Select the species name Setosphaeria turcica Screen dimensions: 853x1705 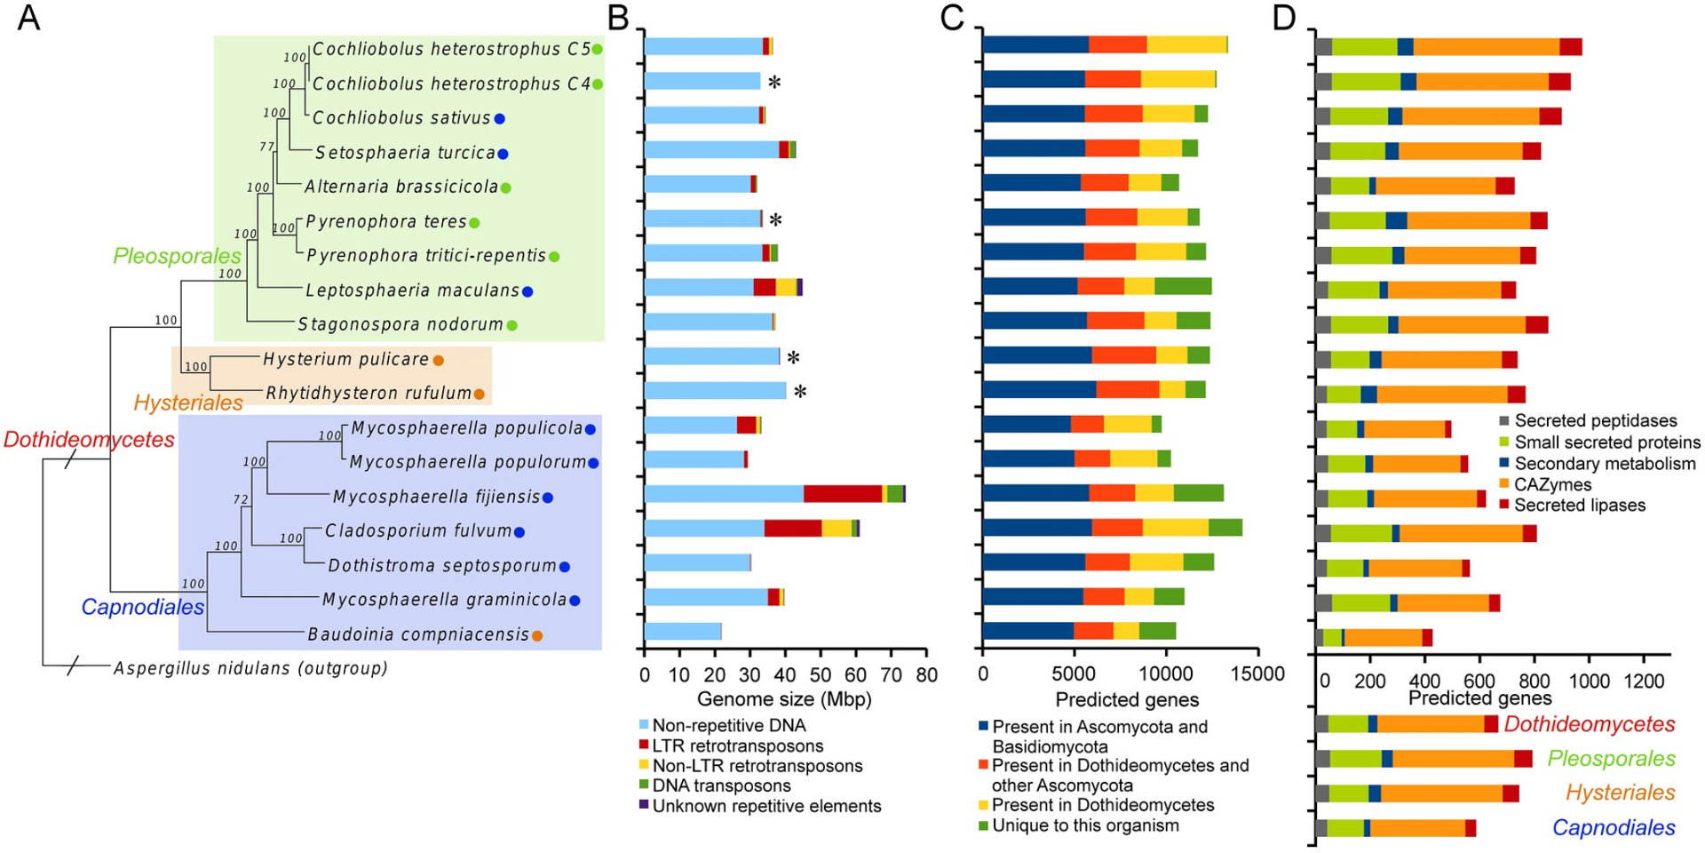coord(405,153)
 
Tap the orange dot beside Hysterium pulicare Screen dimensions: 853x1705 coord(438,360)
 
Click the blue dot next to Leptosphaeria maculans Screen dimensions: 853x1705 coord(527,291)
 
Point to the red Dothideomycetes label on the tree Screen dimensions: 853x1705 coord(89,439)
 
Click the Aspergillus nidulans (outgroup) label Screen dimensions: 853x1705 coord(250,668)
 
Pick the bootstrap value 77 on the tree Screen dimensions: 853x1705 coord(267,147)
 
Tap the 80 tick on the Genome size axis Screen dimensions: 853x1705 coord(926,675)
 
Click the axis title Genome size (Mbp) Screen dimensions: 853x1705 coord(784,699)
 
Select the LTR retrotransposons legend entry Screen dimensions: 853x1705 coord(737,746)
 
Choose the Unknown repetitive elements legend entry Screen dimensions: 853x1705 coord(766,806)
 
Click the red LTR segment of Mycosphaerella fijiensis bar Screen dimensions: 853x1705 coord(843,494)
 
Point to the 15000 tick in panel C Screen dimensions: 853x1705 coord(1257,674)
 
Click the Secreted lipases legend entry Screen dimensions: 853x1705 coord(1580,506)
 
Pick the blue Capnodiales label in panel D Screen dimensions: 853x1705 coord(1614,828)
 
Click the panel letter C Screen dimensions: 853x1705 coord(952,18)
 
